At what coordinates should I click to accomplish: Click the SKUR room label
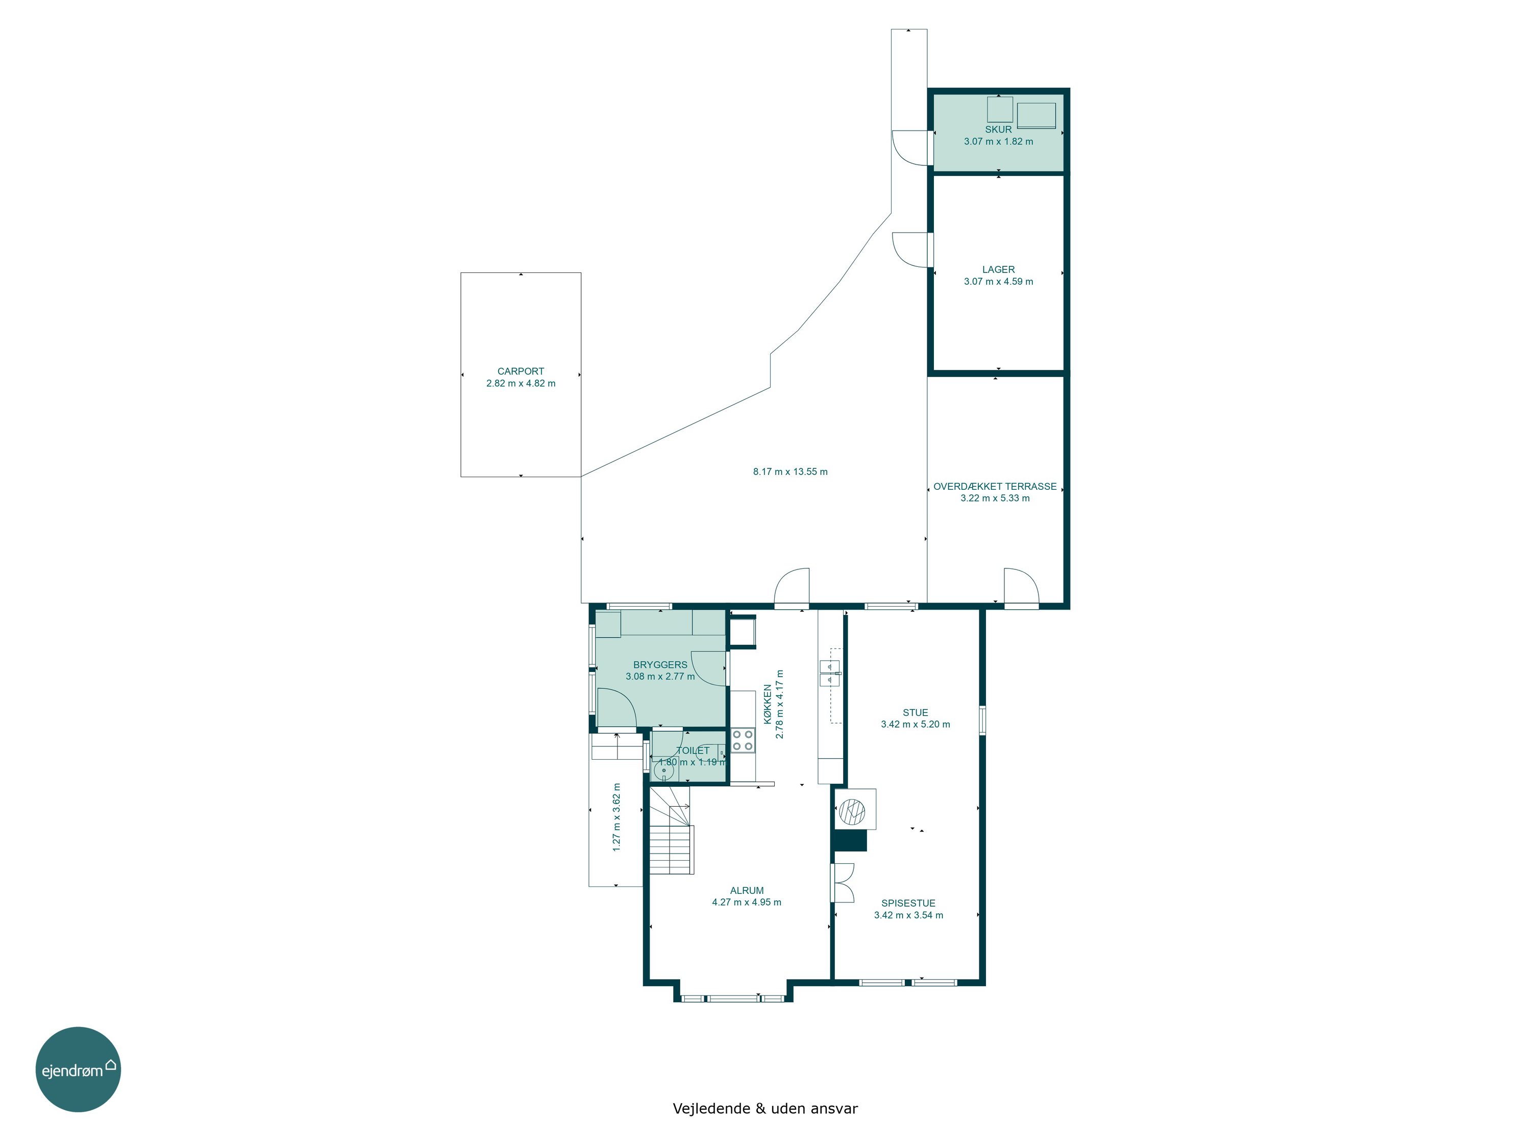coord(998,130)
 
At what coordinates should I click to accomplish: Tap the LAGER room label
coord(998,270)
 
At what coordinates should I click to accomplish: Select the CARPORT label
coord(521,371)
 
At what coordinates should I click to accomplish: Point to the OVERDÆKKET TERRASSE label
coord(995,486)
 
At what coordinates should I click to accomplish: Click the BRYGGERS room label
coord(660,665)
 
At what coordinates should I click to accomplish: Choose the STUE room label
coord(915,713)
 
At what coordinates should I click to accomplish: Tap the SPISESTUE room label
coord(908,903)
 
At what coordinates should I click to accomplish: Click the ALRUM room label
coord(747,890)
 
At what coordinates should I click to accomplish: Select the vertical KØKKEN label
coord(768,705)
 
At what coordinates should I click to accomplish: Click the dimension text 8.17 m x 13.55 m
coord(791,472)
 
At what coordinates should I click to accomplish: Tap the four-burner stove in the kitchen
coord(743,740)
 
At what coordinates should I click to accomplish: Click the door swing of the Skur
coord(909,148)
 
